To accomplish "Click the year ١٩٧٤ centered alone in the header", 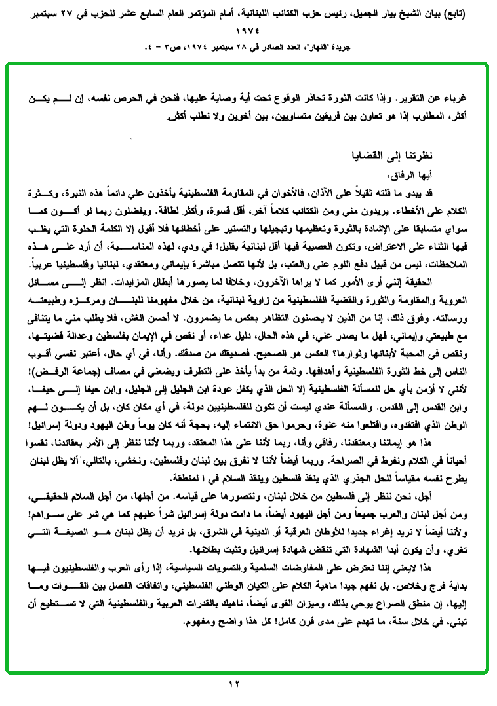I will tap(247, 31).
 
